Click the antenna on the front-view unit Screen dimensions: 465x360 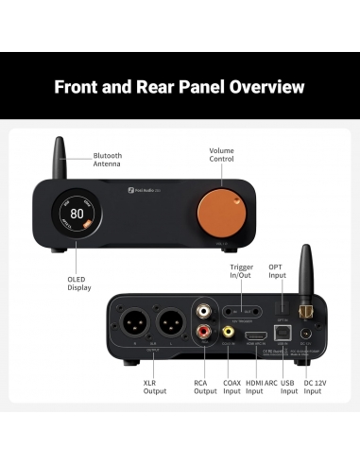click(x=59, y=156)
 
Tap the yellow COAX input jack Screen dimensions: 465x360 click(x=229, y=332)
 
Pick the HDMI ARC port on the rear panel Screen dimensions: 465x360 click(x=255, y=336)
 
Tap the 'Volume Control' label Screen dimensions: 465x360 click(x=222, y=155)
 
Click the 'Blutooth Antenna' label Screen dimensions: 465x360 click(x=108, y=160)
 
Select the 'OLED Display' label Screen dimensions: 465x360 click(x=79, y=283)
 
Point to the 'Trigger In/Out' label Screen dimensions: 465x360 click(x=242, y=272)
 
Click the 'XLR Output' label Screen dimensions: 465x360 click(x=155, y=387)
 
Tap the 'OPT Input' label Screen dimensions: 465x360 click(x=275, y=272)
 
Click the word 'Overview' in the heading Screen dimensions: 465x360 click(x=256, y=87)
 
